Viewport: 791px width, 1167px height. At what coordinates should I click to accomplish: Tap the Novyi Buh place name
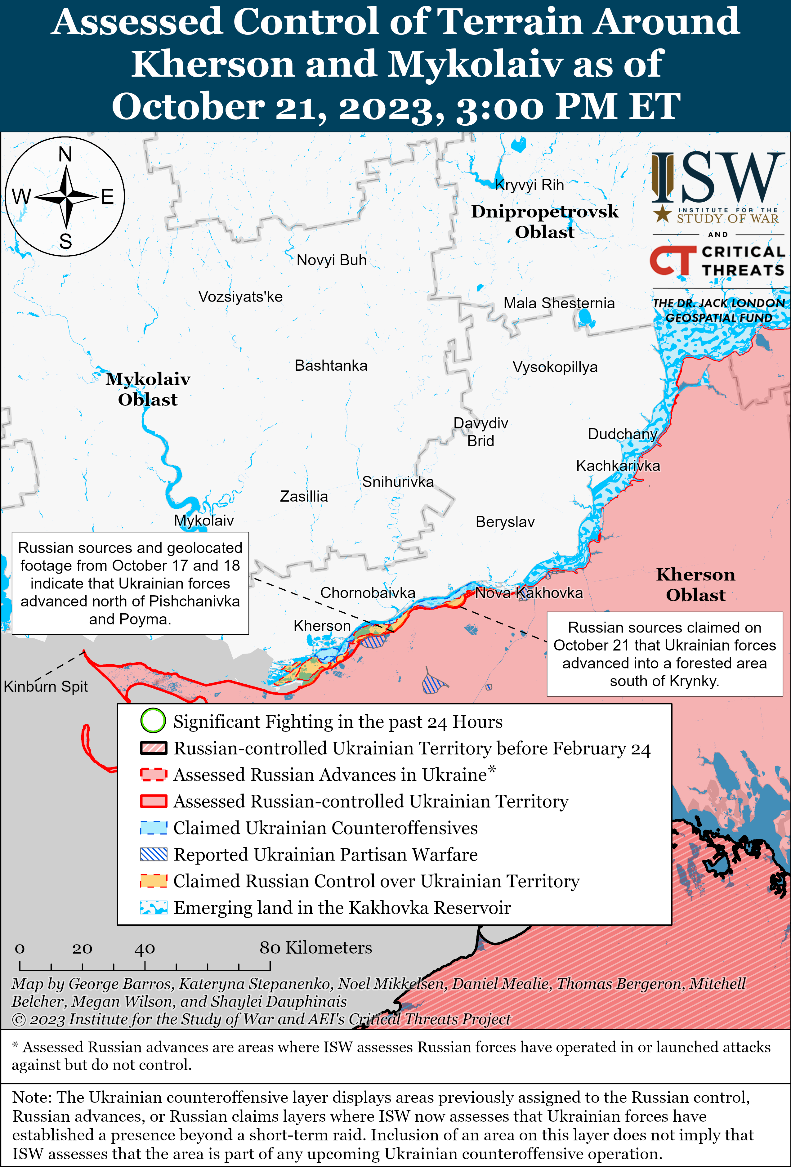(332, 260)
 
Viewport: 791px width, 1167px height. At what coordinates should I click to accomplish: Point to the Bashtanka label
(331, 365)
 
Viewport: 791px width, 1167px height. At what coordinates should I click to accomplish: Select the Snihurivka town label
(398, 482)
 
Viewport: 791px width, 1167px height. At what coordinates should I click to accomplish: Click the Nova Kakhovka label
(529, 593)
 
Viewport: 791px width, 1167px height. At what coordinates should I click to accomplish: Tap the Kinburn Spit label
(46, 686)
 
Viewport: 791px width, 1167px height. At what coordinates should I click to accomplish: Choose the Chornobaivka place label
(368, 593)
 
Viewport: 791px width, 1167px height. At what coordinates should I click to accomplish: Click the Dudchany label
(622, 434)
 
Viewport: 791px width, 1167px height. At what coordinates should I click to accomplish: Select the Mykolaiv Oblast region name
(148, 389)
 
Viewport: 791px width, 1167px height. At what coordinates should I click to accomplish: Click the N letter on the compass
(65, 155)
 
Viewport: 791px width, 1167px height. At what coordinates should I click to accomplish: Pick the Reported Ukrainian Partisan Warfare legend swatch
(153, 854)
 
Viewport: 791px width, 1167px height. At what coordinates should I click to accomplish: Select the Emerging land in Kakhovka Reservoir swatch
(153, 907)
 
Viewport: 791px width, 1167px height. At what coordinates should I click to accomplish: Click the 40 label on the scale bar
(145, 949)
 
